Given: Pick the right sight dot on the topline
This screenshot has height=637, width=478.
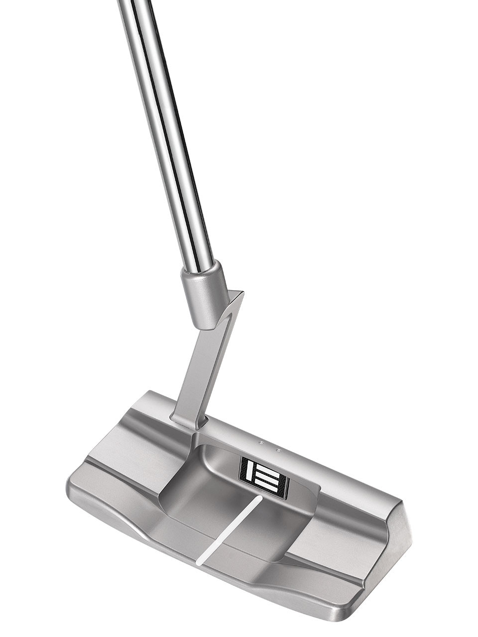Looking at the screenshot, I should coord(278,450).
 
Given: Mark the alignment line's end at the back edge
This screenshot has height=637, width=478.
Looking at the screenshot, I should coord(200,563).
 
